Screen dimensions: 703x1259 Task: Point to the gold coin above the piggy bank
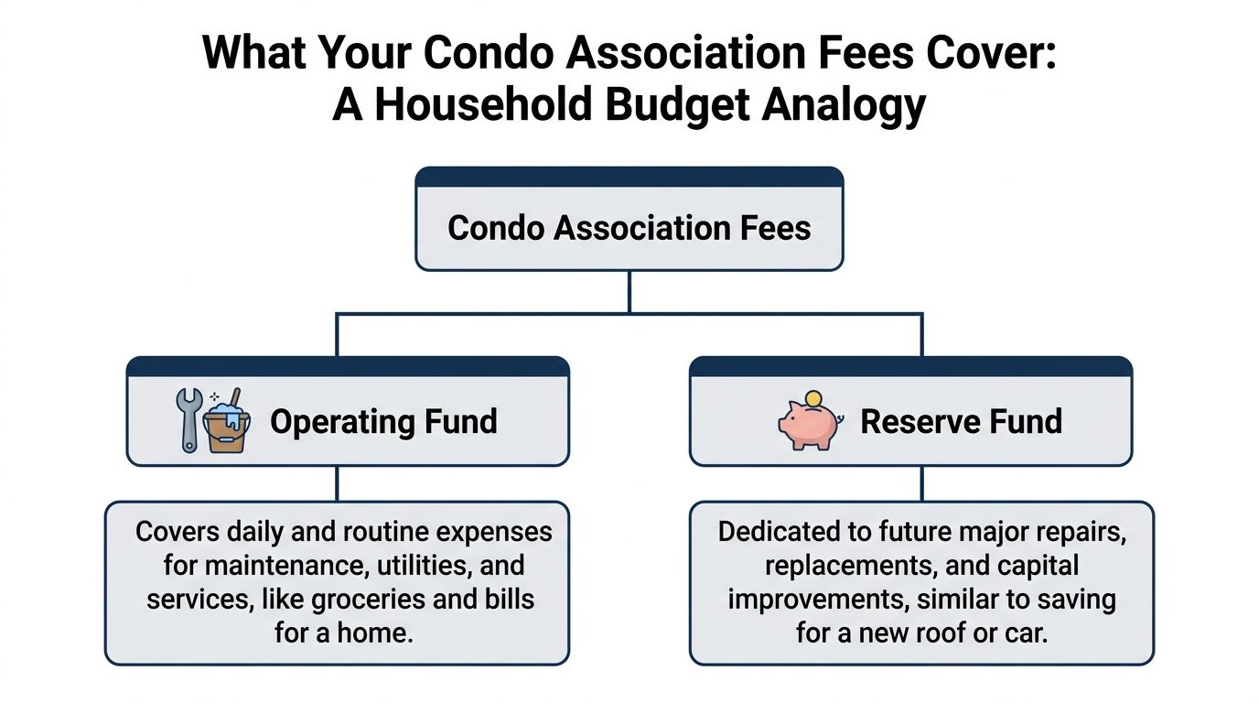pyautogui.click(x=812, y=399)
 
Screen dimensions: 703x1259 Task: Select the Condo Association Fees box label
pyautogui.click(x=629, y=227)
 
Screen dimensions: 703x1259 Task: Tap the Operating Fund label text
pyautogui.click(x=383, y=421)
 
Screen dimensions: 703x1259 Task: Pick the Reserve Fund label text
pyautogui.click(x=961, y=421)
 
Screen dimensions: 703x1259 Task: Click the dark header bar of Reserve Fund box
pyautogui.click(x=910, y=366)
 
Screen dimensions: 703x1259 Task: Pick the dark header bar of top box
pyautogui.click(x=629, y=177)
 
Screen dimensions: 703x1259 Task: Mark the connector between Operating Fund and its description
pyautogui.click(x=338, y=482)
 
